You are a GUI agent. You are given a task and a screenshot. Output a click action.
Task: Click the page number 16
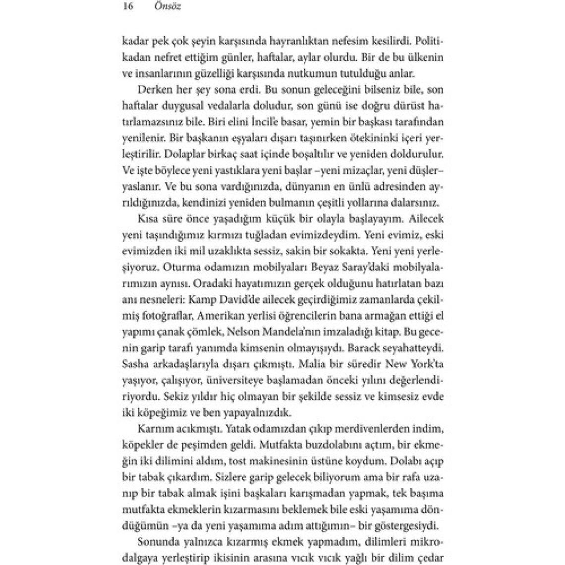pos(127,7)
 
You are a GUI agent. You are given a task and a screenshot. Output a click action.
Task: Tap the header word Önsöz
pos(167,7)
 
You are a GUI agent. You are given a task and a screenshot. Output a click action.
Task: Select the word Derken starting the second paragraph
pos(141,91)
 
